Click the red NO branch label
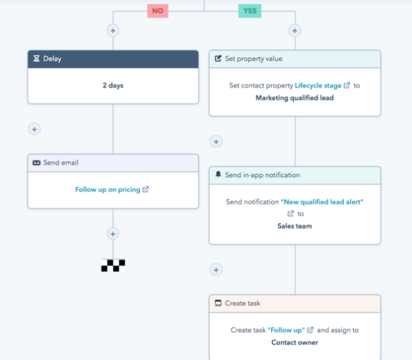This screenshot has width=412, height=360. click(x=157, y=11)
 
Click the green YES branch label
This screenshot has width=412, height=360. click(x=249, y=11)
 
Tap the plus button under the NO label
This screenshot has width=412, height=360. click(x=113, y=30)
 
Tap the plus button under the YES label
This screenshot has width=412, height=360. click(x=295, y=30)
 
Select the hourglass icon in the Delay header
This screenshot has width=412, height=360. click(x=36, y=59)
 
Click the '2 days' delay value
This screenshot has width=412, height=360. click(x=113, y=85)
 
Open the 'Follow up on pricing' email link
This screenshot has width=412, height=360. click(x=108, y=190)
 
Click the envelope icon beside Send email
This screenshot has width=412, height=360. click(x=36, y=163)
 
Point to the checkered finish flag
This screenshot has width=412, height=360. click(x=113, y=266)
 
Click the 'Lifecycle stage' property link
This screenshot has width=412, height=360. click(x=318, y=85)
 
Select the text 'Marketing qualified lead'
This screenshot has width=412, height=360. click(x=294, y=98)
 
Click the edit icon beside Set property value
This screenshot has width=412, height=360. click(x=218, y=58)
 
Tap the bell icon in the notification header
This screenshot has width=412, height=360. click(x=218, y=174)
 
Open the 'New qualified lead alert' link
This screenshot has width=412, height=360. click(x=322, y=202)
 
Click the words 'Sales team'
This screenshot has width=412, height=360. click(x=294, y=226)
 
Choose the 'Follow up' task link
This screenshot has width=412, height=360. click(x=286, y=330)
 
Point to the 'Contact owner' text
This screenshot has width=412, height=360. click(x=294, y=342)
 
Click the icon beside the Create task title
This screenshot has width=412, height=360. click(x=218, y=303)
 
